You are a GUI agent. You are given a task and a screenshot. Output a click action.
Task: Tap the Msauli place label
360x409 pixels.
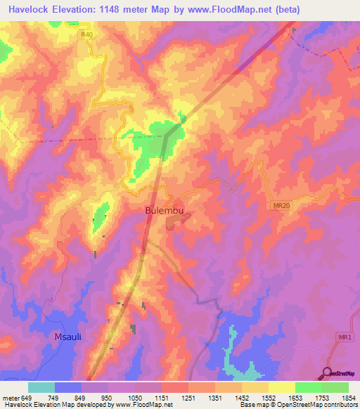(69, 337)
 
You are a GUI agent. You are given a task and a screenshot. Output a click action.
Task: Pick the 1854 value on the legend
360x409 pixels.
(349, 397)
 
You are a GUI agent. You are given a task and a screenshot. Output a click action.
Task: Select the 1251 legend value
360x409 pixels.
(188, 397)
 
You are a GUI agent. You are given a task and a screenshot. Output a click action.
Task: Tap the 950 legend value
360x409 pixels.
(108, 397)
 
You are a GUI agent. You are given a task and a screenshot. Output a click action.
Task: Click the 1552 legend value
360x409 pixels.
(269, 397)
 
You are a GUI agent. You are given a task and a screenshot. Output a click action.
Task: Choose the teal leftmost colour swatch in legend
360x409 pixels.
(41, 387)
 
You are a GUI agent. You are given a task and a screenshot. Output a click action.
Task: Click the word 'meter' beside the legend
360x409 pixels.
(11, 397)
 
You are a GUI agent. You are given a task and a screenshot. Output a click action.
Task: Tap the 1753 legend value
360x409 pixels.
(322, 397)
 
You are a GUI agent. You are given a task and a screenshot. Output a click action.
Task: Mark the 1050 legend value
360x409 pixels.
(134, 397)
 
